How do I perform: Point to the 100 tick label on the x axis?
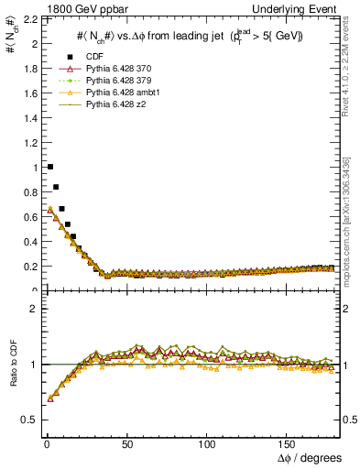pyautogui.click(x=208, y=443)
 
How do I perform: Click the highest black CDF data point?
pyautogui.click(x=49, y=167)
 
